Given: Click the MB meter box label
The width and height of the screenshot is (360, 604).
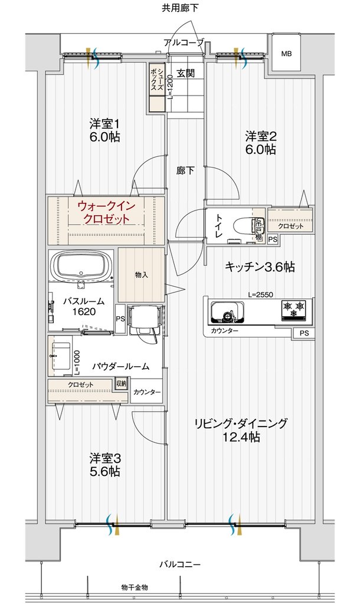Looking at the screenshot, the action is [x=286, y=54].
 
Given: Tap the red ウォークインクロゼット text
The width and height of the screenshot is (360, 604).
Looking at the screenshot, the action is [x=106, y=212].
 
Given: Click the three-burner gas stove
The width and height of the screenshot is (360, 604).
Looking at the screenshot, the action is [x=294, y=309].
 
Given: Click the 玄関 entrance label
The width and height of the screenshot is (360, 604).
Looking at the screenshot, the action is [x=185, y=73].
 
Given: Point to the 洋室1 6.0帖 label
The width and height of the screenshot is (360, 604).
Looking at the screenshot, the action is [x=104, y=130].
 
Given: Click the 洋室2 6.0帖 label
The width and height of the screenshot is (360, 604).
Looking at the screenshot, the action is [x=261, y=143].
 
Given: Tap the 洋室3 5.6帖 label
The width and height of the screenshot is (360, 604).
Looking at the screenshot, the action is [x=104, y=465].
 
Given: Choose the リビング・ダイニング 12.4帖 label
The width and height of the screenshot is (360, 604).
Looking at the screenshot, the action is [x=241, y=429].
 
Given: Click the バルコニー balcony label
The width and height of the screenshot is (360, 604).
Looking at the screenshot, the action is [x=180, y=564].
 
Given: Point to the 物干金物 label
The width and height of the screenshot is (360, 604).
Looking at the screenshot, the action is [x=135, y=587].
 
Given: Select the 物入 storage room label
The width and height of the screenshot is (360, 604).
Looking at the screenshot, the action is [x=142, y=275].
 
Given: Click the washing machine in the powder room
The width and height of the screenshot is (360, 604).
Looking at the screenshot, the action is [x=145, y=321].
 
